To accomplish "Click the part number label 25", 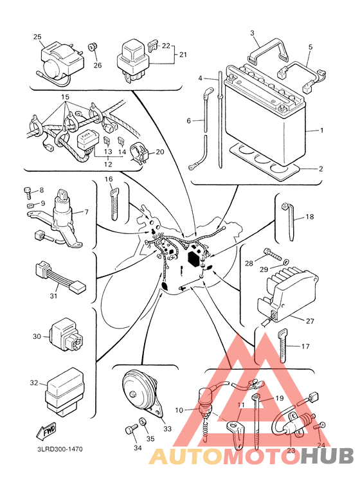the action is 37,37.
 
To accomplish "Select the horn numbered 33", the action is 142,393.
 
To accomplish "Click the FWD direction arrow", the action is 46,431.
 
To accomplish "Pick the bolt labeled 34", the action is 130,430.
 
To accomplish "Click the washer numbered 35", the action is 142,422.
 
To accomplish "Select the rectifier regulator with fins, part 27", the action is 287,298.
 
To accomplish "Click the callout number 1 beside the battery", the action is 321,131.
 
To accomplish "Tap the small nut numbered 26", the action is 92,47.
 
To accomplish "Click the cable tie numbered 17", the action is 282,346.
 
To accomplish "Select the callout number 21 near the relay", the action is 183,55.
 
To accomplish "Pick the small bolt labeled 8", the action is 28,192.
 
